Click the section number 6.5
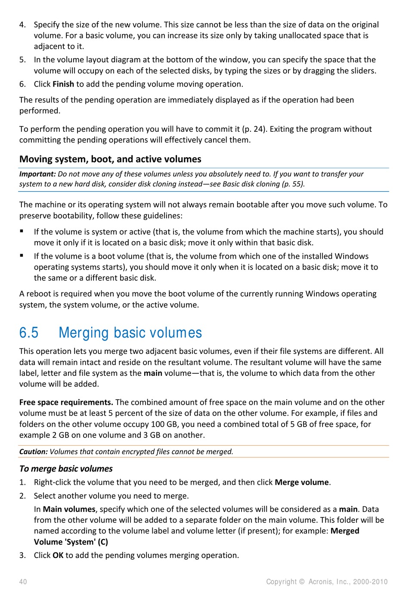point(29,333)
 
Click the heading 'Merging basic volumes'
point(130,333)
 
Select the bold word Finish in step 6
point(63,84)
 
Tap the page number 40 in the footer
point(23,582)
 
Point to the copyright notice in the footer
point(326,582)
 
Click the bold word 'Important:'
point(37,174)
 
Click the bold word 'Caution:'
point(33,452)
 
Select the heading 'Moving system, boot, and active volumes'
point(110,159)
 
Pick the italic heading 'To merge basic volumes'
point(66,469)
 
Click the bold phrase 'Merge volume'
point(302,482)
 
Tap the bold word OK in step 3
point(58,555)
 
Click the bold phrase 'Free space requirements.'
point(66,402)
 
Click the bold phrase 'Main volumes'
point(69,509)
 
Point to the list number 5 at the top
point(22,60)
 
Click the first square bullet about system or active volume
point(22,231)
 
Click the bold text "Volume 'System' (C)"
point(71,542)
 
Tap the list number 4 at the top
point(22,25)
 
